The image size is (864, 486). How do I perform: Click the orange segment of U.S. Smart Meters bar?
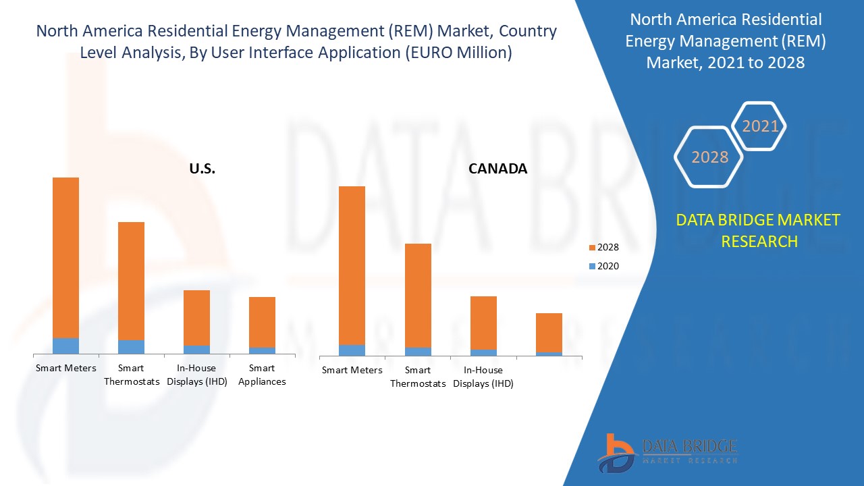coord(65,257)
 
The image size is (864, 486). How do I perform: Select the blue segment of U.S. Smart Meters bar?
coord(65,346)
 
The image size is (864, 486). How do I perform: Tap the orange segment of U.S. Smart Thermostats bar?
coord(131,281)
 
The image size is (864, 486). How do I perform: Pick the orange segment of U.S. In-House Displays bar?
coord(196,318)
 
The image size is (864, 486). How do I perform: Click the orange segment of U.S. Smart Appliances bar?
coord(262,322)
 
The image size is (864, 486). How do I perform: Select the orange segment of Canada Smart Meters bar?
coord(352,265)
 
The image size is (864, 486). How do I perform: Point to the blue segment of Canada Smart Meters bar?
coord(352,350)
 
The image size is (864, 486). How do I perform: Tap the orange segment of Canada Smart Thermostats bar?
coord(418,296)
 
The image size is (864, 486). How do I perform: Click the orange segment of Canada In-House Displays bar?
coord(483,323)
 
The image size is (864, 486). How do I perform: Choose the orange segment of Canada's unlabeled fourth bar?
coord(549,333)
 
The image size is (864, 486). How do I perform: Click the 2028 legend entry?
coord(603,247)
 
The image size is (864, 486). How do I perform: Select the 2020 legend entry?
coord(603,266)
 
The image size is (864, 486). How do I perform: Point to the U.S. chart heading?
coord(202,169)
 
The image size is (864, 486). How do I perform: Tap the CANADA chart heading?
coord(497,169)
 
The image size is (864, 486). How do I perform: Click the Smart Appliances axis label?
coord(262,375)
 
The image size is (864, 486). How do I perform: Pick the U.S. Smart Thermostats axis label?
coord(132,375)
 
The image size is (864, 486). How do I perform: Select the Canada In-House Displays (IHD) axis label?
coord(483,377)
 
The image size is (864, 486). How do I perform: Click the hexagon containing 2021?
coord(759,126)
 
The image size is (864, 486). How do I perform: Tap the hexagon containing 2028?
coord(709,157)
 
